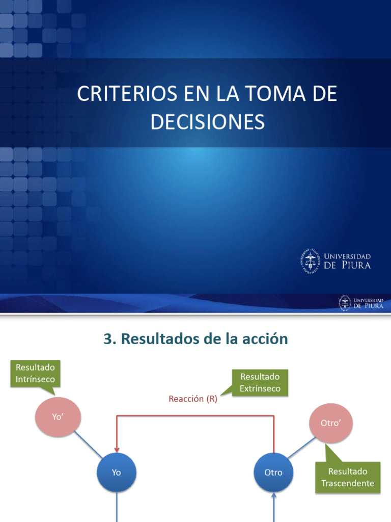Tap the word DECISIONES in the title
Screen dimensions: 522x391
pyautogui.click(x=207, y=122)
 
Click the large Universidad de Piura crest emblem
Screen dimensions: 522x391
pyautogui.click(x=310, y=261)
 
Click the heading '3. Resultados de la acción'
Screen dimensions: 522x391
pyautogui.click(x=195, y=339)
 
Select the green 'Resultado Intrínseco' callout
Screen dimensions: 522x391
pyautogui.click(x=35, y=373)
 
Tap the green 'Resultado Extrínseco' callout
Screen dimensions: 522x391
pyautogui.click(x=260, y=382)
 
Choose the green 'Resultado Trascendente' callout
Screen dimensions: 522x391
pyautogui.click(x=348, y=477)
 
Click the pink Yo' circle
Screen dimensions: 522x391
pyautogui.click(x=58, y=416)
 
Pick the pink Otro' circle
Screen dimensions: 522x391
pyautogui.click(x=331, y=423)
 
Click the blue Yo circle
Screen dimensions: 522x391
pyautogui.click(x=117, y=473)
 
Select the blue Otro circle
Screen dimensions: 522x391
pyautogui.click(x=273, y=473)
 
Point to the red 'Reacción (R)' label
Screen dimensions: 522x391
pyautogui.click(x=193, y=399)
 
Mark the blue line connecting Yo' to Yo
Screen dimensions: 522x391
pyautogui.click(x=88, y=445)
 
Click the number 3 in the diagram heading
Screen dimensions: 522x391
pyautogui.click(x=107, y=339)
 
